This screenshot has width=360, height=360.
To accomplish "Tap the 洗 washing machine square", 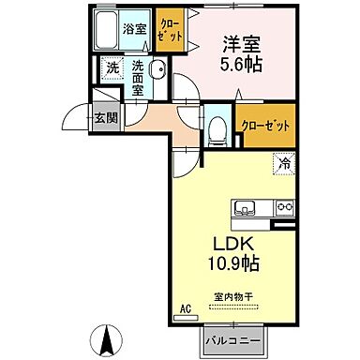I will [x=112, y=67].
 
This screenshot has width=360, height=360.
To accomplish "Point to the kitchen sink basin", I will [x=247, y=207].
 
